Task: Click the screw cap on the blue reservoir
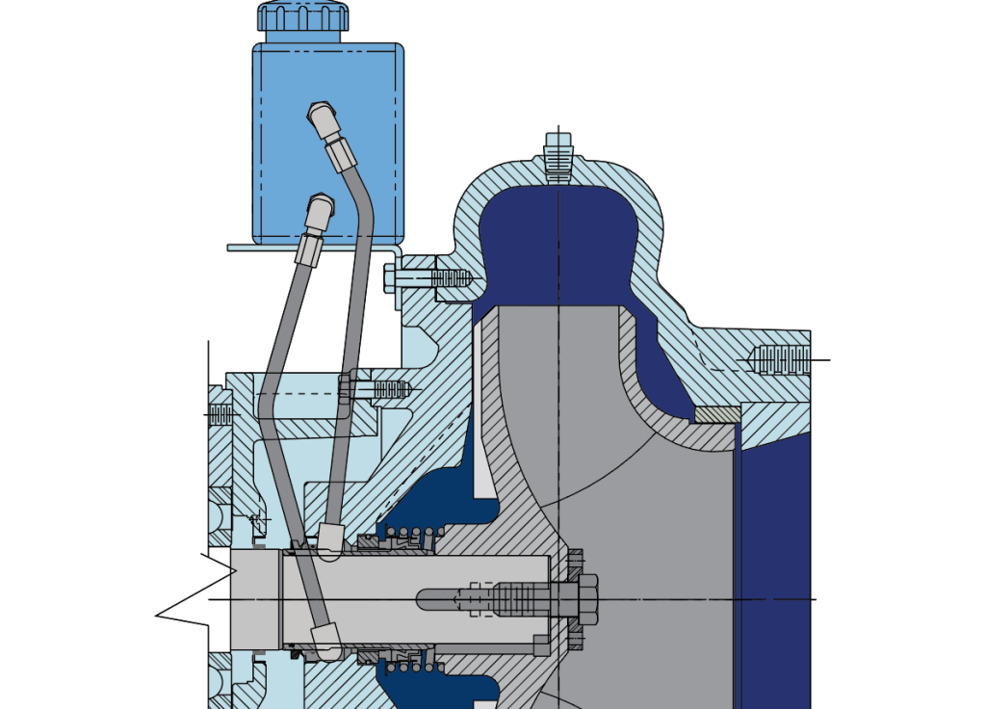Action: point(301,16)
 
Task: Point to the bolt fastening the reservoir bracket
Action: point(428,278)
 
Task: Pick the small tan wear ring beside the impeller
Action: point(716,414)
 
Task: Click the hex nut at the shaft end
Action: point(585,599)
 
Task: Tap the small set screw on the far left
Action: point(221,414)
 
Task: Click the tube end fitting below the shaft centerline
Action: point(325,638)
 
